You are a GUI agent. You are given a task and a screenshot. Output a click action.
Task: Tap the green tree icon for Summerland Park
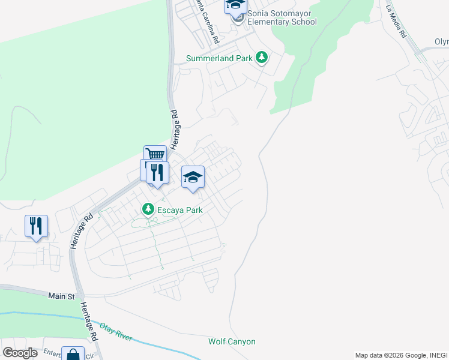click(x=262, y=58)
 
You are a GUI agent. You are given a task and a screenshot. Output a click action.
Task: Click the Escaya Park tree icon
click(x=147, y=209)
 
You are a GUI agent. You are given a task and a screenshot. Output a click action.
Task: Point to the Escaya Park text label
click(x=179, y=210)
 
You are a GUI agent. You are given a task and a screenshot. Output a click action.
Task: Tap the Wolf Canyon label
click(x=232, y=341)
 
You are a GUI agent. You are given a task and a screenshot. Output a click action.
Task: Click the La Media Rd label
click(x=396, y=22)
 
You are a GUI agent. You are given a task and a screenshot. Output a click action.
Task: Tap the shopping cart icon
click(x=155, y=154)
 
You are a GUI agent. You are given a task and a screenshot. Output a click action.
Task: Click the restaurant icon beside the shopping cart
click(x=157, y=173)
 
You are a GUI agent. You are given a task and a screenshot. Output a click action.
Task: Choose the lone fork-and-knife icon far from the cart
click(x=36, y=226)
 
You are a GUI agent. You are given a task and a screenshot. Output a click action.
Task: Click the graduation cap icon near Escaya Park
click(x=193, y=177)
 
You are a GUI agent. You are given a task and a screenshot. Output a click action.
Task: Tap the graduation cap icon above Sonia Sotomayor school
click(x=236, y=5)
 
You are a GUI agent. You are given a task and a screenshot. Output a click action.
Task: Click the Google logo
click(x=20, y=353)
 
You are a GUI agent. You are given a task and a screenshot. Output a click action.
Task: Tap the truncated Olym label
click(x=441, y=42)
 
